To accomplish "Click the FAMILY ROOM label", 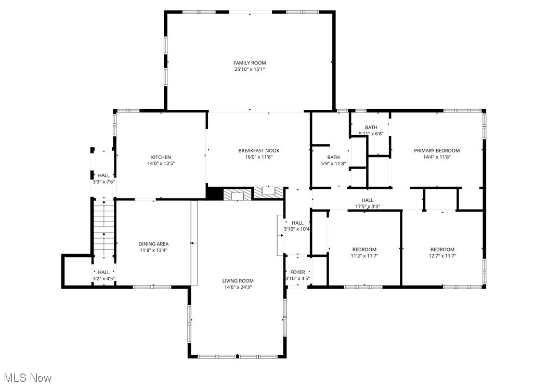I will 250,63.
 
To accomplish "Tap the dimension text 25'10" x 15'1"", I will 250,69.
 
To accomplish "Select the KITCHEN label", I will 161,157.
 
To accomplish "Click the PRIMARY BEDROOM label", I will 437,150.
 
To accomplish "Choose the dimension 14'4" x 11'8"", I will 437,157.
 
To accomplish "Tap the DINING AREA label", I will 153,243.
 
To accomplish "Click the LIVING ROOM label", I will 238,281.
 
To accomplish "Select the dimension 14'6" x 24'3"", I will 238,287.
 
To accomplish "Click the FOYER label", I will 297,272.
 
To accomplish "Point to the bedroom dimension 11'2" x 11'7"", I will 364,256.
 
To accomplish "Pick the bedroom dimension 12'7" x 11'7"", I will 442,256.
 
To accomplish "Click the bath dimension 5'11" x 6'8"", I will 371,134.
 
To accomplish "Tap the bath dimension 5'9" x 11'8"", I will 333,164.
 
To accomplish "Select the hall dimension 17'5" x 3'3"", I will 367,206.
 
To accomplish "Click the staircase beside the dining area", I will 103,229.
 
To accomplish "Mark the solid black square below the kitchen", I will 214,193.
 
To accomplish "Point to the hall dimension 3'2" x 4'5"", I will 103,279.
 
